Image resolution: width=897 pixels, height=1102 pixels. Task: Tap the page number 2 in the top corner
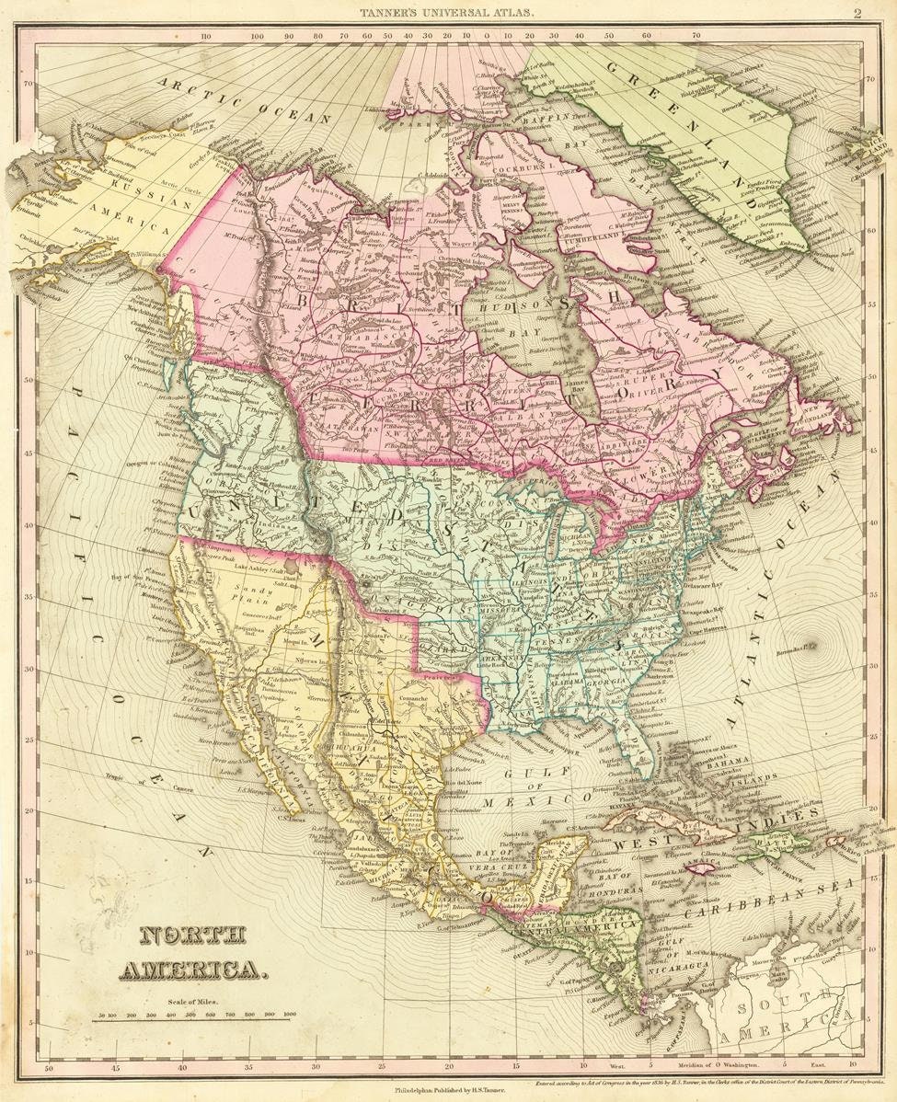[x=856, y=13]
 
